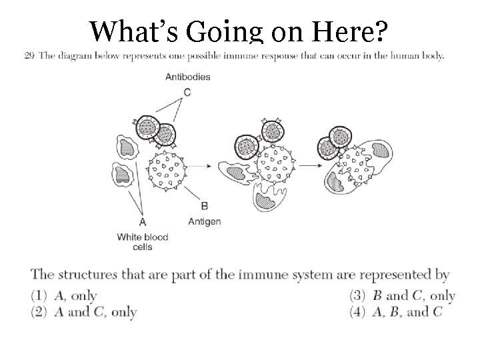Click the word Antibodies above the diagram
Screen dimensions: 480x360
[x=187, y=77]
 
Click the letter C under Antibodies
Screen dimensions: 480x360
[x=187, y=92]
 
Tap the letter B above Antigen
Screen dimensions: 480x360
[x=204, y=206]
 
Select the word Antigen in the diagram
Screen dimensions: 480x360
[x=204, y=221]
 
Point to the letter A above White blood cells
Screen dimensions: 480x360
[x=143, y=221]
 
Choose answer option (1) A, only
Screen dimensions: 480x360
[x=64, y=295]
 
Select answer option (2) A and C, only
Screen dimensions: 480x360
[x=84, y=311]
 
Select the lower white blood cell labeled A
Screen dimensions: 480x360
[x=123, y=176]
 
